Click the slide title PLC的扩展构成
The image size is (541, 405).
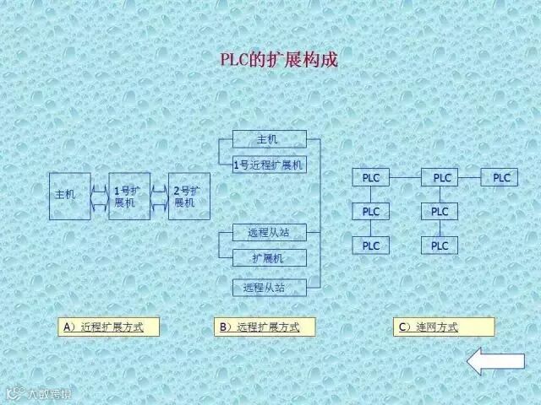[x=278, y=61]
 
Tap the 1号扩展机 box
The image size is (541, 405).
[x=129, y=196]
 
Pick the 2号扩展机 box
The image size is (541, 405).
[x=189, y=196]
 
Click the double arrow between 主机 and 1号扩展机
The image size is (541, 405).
[x=99, y=196]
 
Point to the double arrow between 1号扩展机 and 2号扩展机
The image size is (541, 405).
[x=159, y=196]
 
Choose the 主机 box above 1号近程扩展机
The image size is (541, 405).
[x=269, y=139]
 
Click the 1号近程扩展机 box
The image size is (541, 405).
[x=269, y=165]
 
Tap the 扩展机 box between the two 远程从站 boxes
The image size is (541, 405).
[x=269, y=258]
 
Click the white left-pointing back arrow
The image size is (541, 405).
[x=496, y=360]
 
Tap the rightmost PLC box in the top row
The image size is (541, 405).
[x=502, y=178]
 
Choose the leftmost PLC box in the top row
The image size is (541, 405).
[x=371, y=178]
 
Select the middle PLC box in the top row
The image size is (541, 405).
[x=442, y=178]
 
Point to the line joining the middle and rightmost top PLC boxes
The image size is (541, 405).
[x=470, y=178]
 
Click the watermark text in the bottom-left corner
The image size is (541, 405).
[x=41, y=394]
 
